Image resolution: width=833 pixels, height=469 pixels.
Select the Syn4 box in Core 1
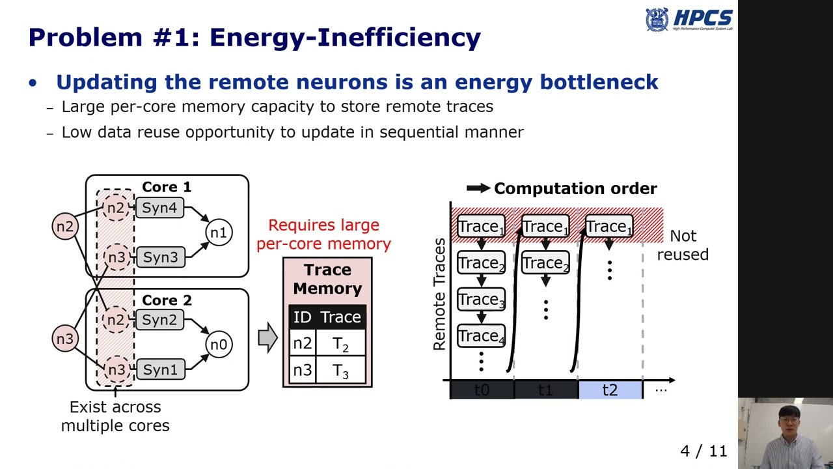click(x=160, y=208)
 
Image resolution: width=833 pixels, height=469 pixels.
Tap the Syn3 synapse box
click(x=160, y=257)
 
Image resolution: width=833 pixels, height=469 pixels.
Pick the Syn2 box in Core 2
click(x=160, y=320)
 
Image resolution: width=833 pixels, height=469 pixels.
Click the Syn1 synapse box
click(x=160, y=369)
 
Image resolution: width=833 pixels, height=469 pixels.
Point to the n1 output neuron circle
click(x=219, y=233)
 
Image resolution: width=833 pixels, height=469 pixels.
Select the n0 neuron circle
click(x=219, y=345)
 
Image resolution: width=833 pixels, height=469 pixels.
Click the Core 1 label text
click(x=167, y=188)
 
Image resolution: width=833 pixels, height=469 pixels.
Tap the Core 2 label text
click(x=167, y=300)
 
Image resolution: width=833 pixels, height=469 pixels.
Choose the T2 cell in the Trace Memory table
click(x=340, y=345)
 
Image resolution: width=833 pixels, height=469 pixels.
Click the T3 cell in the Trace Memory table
click(x=340, y=371)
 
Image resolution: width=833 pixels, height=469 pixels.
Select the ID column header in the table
click(x=302, y=317)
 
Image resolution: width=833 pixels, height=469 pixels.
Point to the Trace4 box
click(x=481, y=336)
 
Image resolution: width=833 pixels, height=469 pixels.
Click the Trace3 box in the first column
click(x=481, y=300)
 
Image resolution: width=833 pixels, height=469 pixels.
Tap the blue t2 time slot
click(x=610, y=390)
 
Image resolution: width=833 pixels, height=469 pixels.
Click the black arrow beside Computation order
click(x=478, y=188)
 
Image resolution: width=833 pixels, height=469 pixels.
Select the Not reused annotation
click(x=683, y=245)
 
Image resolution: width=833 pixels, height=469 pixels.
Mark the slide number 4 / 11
click(x=703, y=451)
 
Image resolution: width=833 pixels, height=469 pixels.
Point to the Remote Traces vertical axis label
click(x=440, y=294)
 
